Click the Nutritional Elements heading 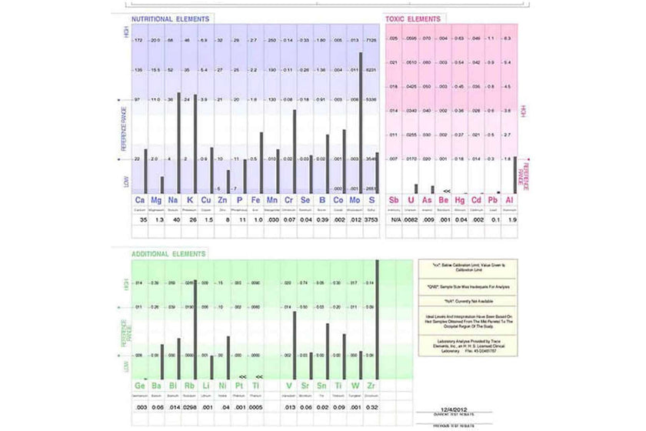171,18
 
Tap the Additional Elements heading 168,253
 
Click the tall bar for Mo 361,122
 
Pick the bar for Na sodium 178,143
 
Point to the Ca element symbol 140,200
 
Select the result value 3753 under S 371,219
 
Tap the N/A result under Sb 394,219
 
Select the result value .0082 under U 411,219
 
